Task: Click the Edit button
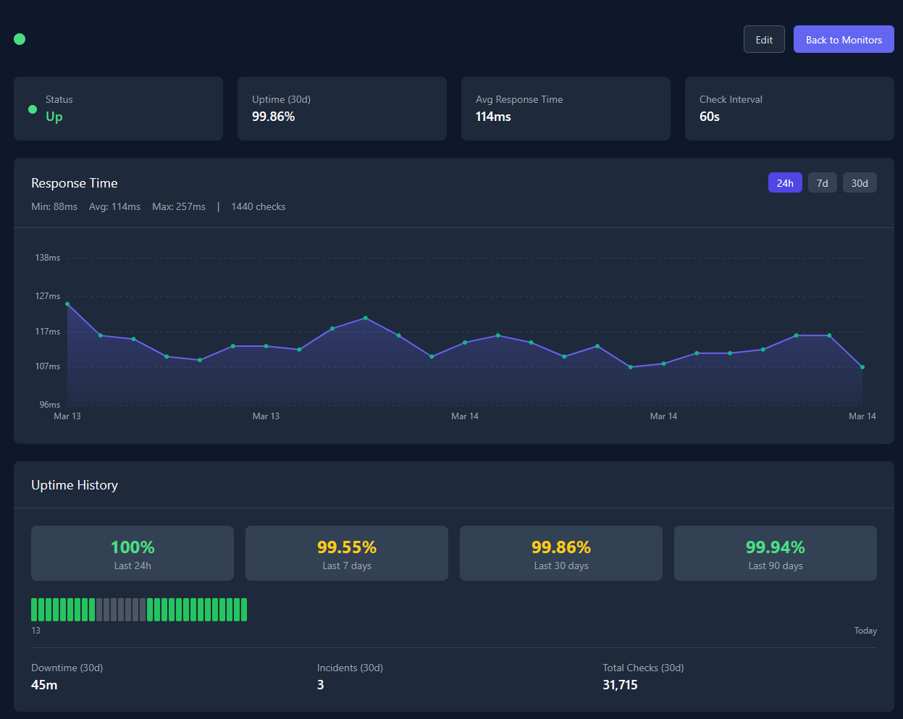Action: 764,40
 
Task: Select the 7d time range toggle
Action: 822,183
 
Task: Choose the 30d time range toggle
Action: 860,183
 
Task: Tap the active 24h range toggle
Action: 785,183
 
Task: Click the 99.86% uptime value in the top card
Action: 273,117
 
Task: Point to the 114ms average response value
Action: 493,117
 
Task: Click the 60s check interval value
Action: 710,117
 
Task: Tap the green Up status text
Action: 54,117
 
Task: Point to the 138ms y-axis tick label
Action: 48,258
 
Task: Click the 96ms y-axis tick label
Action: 50,405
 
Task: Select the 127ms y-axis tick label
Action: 48,296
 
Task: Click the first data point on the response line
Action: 67,304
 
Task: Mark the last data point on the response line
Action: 862,367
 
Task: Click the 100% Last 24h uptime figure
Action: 133,547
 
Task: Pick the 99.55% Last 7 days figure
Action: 347,547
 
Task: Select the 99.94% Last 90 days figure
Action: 776,547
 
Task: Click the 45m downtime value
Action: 44,685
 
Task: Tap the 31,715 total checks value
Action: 620,685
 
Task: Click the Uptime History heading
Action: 75,485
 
